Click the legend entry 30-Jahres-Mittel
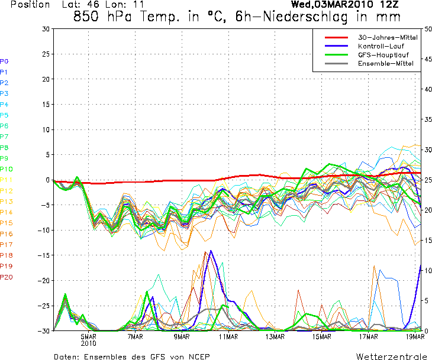388,37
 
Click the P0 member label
4,61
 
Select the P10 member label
7,169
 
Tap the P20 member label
7,277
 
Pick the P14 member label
7,212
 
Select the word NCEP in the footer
198,357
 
